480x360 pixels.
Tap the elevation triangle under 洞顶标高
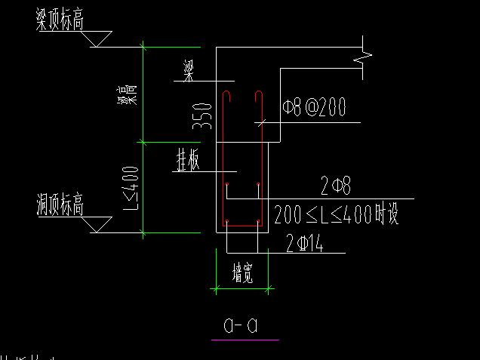(97, 224)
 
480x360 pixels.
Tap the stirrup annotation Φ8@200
(313, 109)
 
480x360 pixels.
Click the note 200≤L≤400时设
(336, 214)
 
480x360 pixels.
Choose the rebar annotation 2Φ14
(305, 243)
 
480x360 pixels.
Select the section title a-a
(242, 325)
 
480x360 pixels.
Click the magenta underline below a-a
(245, 340)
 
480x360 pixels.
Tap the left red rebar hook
(227, 97)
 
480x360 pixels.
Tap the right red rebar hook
(258, 97)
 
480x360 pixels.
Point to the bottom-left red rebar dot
(227, 222)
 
